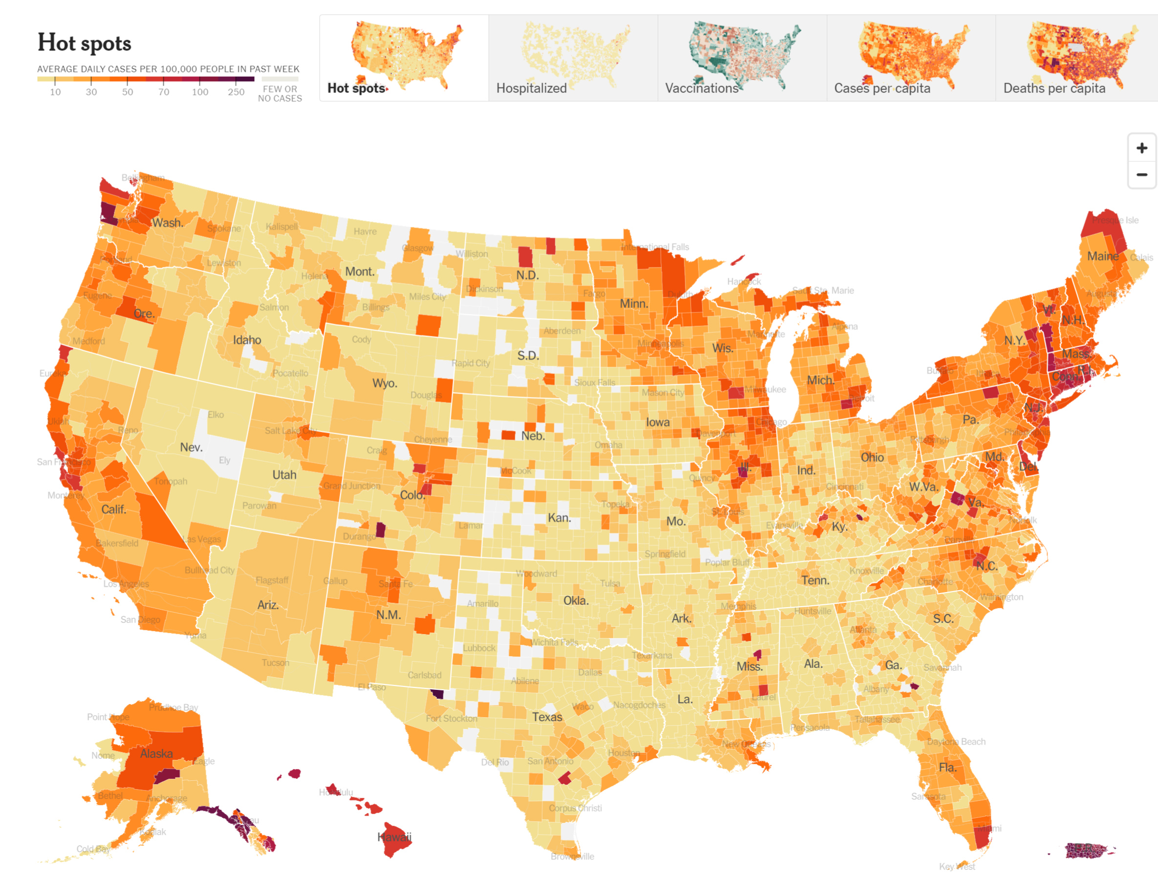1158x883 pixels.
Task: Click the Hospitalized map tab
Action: (573, 58)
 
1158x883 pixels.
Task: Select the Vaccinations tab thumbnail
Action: (742, 58)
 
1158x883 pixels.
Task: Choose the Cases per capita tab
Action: (911, 58)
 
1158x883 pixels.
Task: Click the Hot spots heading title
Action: (84, 43)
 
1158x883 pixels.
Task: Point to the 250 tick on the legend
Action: (236, 92)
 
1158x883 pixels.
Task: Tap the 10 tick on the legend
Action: (55, 92)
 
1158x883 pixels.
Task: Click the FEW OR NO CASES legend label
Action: (280, 93)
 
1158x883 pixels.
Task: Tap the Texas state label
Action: (546, 717)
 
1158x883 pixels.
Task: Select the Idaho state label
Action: (247, 340)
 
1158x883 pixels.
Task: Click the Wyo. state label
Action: (384, 383)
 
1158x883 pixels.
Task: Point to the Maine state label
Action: (1102, 257)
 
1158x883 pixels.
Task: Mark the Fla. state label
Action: (948, 768)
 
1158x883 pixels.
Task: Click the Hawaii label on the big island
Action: (394, 837)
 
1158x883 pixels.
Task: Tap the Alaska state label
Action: (156, 754)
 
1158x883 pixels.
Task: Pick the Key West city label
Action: (957, 867)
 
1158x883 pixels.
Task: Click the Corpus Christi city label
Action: (575, 808)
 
